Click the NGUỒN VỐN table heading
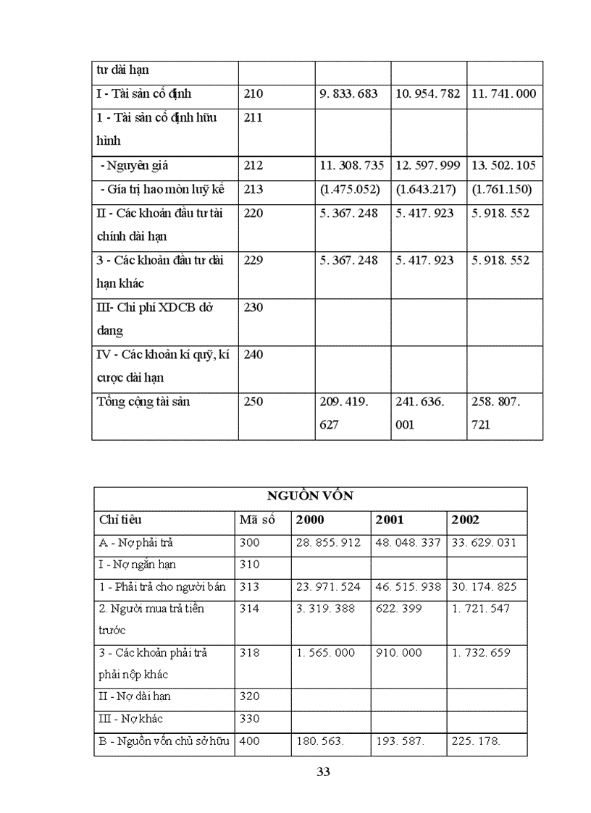[x=310, y=496]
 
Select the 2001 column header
[x=390, y=520]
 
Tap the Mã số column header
[x=257, y=520]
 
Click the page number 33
[x=324, y=772]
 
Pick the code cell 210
[x=254, y=94]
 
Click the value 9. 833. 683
[x=348, y=94]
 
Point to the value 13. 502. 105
[x=503, y=166]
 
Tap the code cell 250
[x=254, y=402]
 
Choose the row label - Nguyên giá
[x=134, y=166]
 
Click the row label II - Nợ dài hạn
[x=134, y=696]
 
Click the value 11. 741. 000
[x=503, y=94]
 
